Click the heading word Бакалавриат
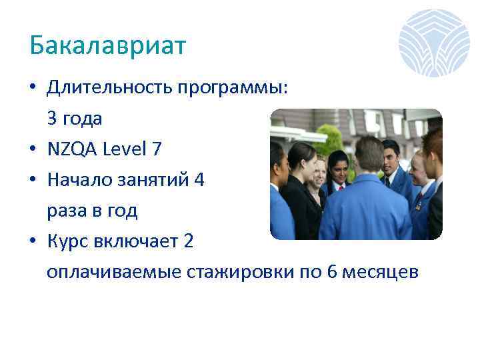point(108,46)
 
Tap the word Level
point(125,150)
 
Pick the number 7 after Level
point(157,150)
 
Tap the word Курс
point(67,241)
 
